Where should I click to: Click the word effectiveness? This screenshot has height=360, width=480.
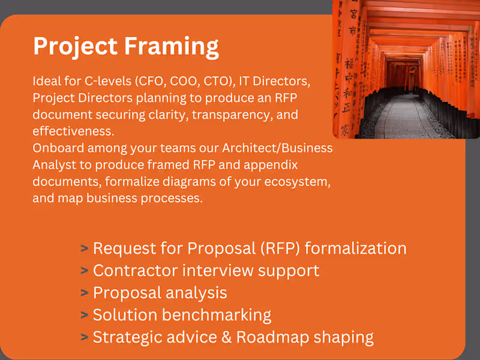[x=73, y=131]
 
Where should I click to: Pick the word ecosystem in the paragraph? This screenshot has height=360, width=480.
[x=292, y=181]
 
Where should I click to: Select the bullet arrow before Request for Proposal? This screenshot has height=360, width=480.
[x=84, y=248]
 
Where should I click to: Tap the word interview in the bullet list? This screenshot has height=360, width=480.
[x=217, y=271]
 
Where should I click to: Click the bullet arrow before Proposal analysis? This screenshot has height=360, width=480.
[x=84, y=293]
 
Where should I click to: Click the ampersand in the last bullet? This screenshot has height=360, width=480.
[x=224, y=337]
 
